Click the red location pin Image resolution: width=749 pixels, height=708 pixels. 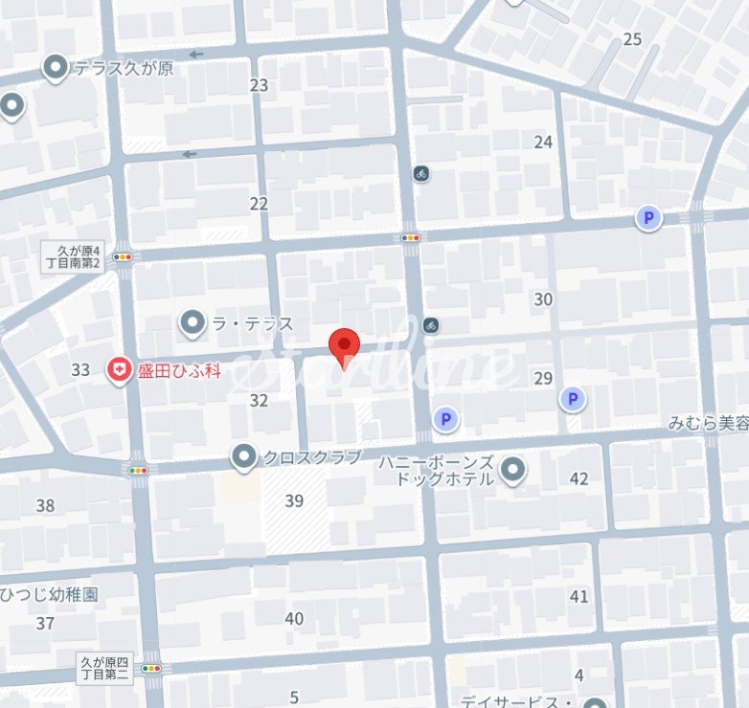tap(344, 347)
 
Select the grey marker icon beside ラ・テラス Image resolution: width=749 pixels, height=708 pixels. tap(193, 323)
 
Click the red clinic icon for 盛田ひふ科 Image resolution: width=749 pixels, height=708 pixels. tap(119, 369)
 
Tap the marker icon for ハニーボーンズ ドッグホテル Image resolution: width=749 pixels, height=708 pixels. tap(513, 469)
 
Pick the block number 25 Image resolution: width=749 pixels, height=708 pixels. tap(632, 39)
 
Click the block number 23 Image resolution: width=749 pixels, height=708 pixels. tap(259, 85)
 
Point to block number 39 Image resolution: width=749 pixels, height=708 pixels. tap(294, 500)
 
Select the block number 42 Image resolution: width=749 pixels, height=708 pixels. tap(579, 478)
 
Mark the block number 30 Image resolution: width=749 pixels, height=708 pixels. tap(543, 299)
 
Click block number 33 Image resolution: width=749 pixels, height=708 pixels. tap(80, 369)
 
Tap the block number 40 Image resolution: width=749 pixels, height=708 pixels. tap(294, 619)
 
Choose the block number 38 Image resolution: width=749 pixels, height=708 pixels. tap(45, 505)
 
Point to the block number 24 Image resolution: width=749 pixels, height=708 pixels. tap(543, 143)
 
